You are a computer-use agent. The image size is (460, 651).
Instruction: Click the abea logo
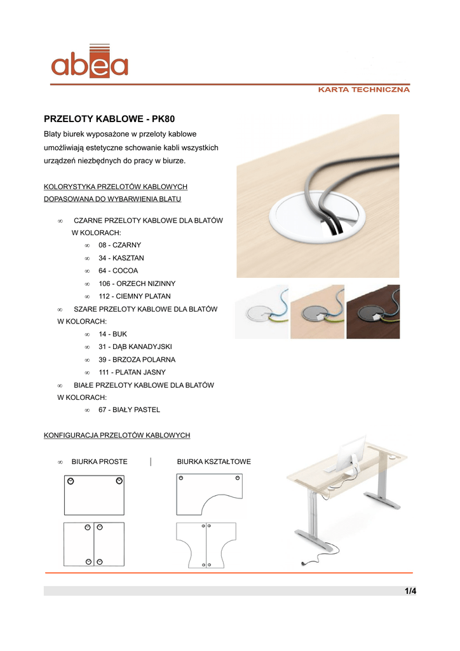[90, 62]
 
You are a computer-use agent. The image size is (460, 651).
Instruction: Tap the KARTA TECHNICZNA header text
[363, 90]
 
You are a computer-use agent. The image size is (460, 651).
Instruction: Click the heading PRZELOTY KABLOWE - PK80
[109, 119]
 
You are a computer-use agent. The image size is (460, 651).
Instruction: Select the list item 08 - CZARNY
[119, 245]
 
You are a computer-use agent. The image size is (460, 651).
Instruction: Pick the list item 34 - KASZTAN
[121, 258]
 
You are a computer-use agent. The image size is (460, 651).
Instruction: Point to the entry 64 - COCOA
[118, 271]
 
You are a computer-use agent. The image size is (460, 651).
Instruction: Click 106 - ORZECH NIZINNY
[137, 284]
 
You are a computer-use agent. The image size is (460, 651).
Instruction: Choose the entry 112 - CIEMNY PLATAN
[134, 296]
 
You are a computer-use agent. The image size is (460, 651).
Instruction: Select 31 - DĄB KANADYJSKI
[135, 346]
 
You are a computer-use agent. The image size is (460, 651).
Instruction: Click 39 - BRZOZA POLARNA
[137, 359]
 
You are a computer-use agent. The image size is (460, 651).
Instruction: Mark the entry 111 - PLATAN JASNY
[132, 372]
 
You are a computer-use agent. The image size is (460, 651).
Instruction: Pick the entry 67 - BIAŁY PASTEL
[129, 410]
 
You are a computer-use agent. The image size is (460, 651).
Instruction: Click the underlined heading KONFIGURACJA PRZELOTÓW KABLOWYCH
[117, 435]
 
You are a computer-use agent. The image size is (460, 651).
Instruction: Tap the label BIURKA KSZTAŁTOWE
[213, 462]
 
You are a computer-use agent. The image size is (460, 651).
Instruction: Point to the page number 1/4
[410, 591]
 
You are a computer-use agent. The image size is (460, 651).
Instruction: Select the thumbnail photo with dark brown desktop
[373, 312]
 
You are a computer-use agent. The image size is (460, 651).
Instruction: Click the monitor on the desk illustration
[348, 455]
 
